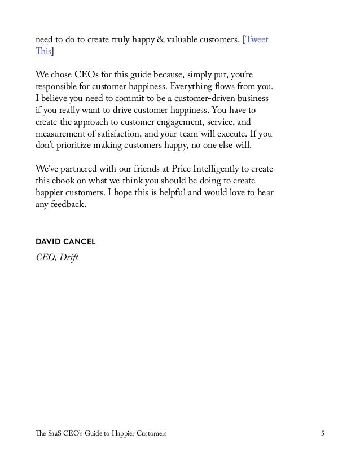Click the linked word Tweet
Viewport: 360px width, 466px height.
tap(257, 40)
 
